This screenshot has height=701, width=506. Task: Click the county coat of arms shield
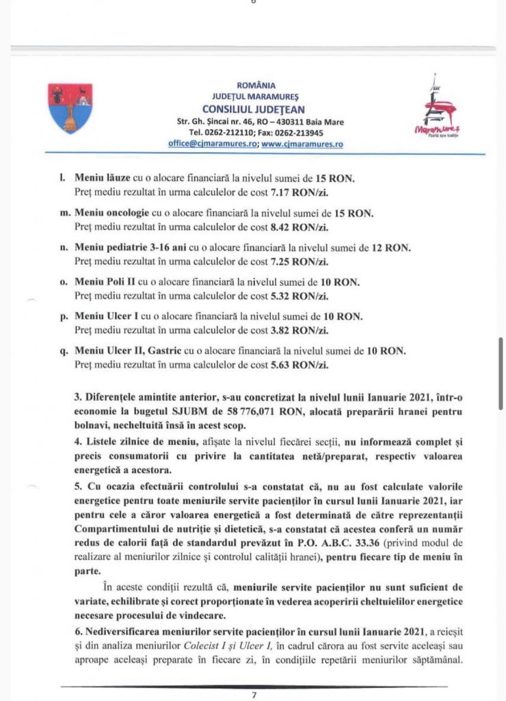tap(70, 108)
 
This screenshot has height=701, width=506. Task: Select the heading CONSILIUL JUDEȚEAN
tap(254, 109)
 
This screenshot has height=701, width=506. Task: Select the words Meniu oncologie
tap(113, 214)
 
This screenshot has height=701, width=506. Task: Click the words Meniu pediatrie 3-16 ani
tap(133, 248)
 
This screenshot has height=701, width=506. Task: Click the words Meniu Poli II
tap(104, 283)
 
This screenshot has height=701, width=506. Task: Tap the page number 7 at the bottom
tap(254, 695)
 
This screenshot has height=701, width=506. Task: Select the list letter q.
tap(64, 352)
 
